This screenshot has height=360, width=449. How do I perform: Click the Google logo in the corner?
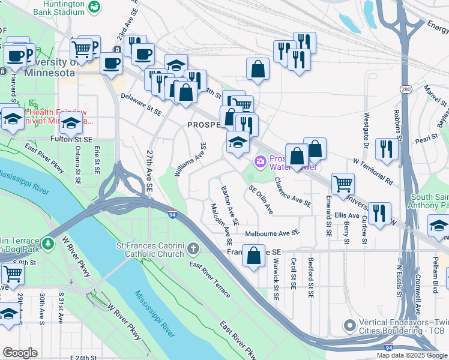point(20,353)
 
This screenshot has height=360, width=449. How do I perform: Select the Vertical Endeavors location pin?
point(351,326)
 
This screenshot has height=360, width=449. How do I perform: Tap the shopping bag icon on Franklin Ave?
point(254,254)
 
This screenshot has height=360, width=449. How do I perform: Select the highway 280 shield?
point(406,89)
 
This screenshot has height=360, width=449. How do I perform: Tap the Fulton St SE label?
point(71,139)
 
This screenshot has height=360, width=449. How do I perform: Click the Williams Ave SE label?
point(190,160)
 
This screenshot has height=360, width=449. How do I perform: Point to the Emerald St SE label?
point(329,215)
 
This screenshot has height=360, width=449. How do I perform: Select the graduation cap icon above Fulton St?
point(71,124)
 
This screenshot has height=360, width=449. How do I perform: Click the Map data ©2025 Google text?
point(411,355)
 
